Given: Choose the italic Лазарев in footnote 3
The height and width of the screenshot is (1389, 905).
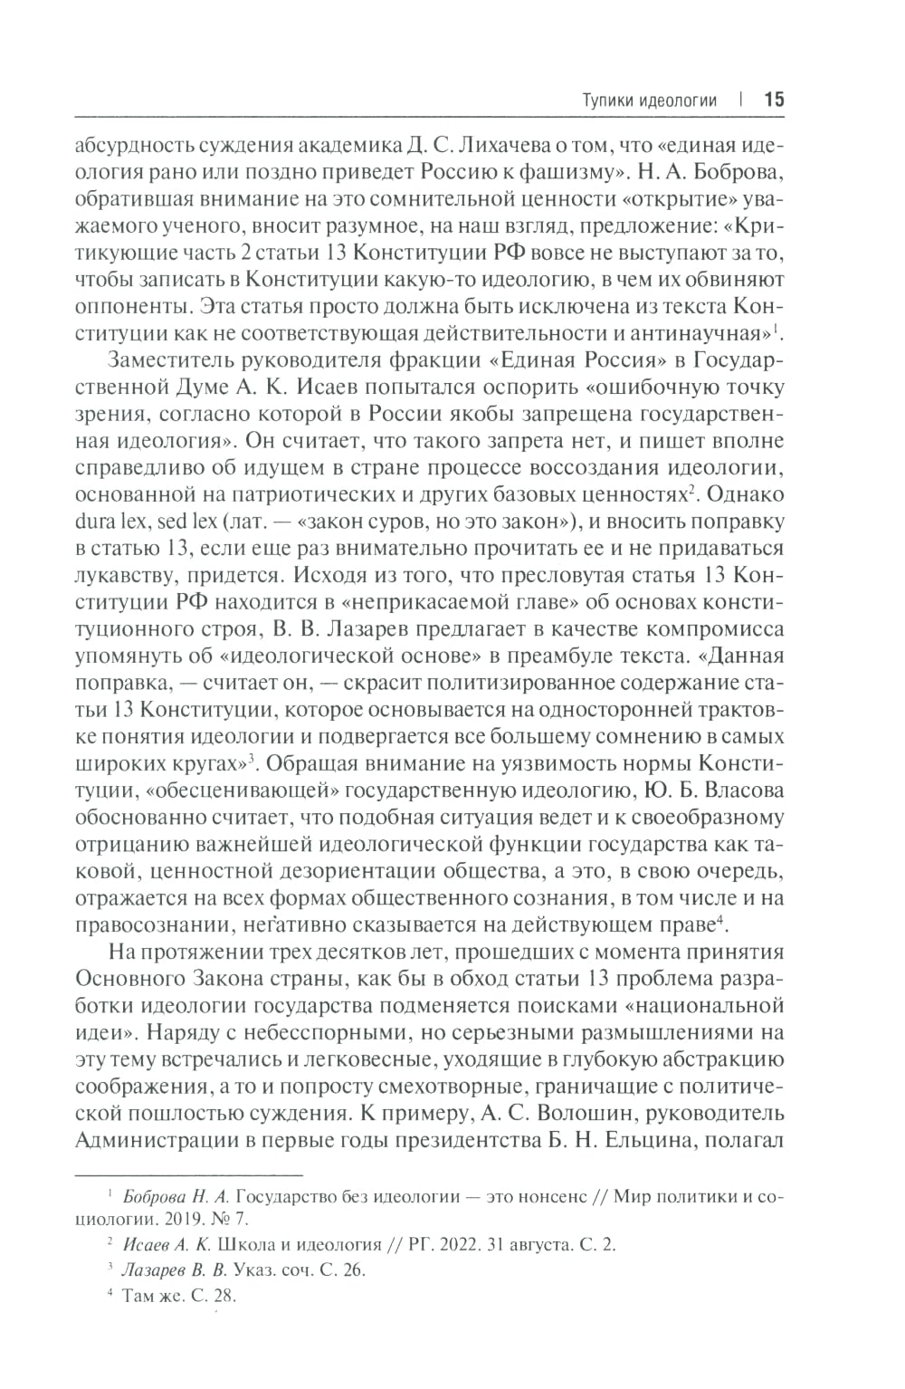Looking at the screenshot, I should pyautogui.click(x=151, y=1270).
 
